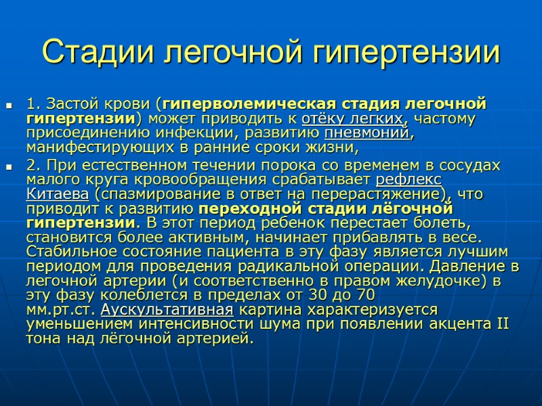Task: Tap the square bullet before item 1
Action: (9, 106)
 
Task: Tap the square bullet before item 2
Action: (9, 166)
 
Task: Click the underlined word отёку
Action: (321, 120)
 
